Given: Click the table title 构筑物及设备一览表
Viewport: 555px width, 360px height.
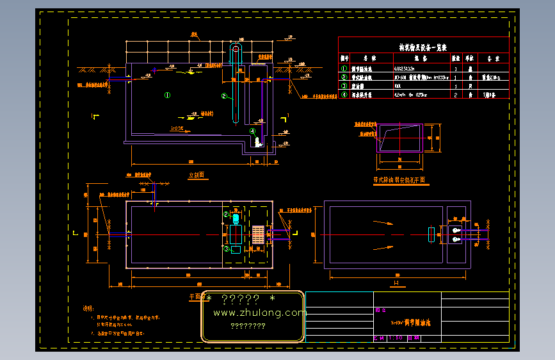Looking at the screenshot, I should (423, 47).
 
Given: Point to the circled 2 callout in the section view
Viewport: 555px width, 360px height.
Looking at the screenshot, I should (224, 96).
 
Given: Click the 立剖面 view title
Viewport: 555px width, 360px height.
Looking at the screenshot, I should (196, 174).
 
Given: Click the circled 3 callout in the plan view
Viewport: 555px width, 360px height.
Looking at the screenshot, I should (226, 249).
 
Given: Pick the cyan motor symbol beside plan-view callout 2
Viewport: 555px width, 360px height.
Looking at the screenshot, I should (236, 217).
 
